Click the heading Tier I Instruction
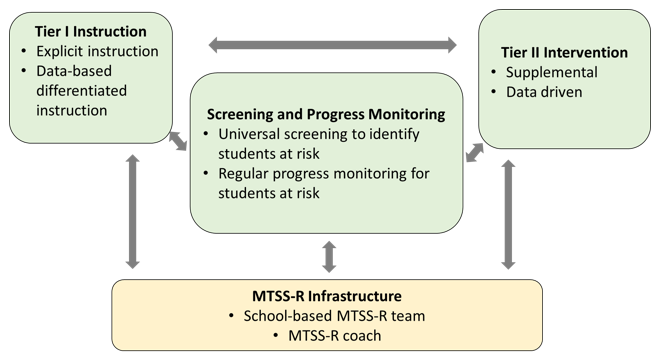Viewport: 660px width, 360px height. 90,32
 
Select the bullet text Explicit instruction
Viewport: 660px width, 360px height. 97,51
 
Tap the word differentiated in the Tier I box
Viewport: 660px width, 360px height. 81,91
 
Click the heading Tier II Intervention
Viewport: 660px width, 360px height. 564,53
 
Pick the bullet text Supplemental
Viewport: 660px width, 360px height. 551,72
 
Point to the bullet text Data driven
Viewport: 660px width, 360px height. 544,92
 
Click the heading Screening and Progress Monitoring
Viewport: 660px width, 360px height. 326,115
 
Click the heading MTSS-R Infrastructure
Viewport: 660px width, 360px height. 327,296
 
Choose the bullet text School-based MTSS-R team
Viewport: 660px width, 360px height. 334,316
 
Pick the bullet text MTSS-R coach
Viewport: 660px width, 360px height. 335,336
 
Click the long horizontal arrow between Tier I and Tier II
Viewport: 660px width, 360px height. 333,45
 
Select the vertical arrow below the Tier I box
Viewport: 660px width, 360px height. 133,211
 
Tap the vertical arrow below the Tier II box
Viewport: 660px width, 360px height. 508,214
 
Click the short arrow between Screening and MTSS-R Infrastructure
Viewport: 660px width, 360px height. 329,256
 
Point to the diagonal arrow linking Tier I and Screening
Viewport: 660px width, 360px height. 178,141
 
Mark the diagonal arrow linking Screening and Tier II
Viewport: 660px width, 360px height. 475,152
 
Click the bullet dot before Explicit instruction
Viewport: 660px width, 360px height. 24,51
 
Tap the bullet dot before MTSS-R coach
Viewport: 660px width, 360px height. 276,336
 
